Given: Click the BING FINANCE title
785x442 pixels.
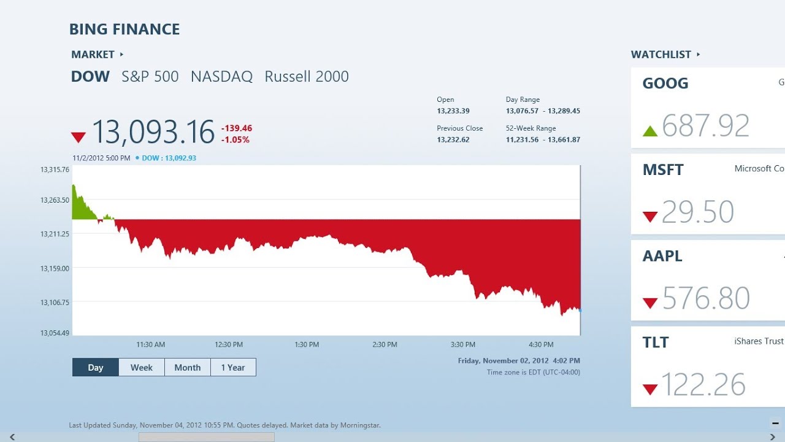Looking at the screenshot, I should (124, 29).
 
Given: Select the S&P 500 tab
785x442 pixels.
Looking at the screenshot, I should (150, 77).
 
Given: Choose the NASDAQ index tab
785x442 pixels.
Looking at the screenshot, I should (221, 77).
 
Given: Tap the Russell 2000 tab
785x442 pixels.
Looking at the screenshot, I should (307, 77).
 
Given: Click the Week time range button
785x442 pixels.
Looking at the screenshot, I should (142, 367).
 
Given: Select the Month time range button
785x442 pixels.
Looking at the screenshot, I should (188, 367).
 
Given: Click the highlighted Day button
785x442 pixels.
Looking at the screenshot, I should (96, 367).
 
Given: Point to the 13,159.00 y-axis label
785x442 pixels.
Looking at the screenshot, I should (55, 268).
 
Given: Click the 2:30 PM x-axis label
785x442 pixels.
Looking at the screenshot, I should (385, 344).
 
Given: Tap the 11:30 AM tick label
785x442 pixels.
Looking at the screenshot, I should (150, 344).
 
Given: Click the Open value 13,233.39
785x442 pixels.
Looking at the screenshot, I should (453, 111).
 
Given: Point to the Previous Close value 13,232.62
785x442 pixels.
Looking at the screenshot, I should (453, 140).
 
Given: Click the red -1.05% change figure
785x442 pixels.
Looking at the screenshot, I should (235, 140).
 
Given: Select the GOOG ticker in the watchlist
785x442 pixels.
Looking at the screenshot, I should (665, 83).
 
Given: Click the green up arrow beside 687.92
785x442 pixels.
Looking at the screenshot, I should (650, 131).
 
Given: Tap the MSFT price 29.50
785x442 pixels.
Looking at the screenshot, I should (698, 212).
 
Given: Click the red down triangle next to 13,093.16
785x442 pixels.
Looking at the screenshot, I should (78, 137).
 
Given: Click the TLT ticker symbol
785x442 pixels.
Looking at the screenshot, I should (656, 343).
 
